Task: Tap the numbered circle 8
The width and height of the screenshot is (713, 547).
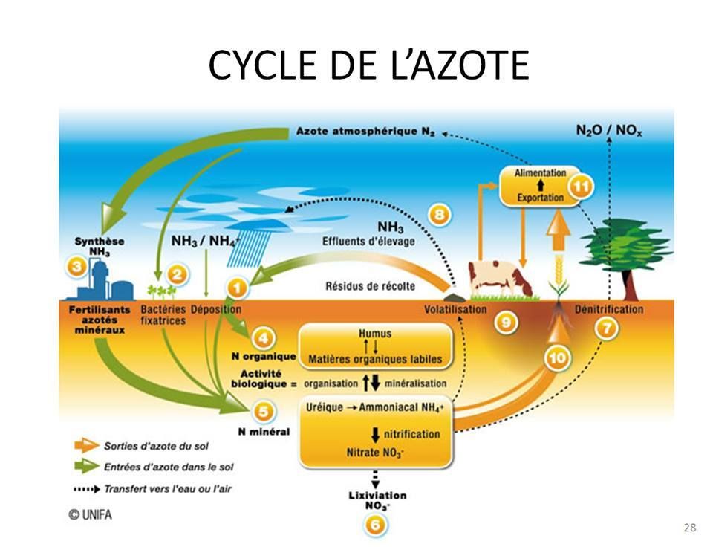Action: [439, 215]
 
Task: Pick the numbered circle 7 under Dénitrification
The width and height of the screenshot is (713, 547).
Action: [607, 328]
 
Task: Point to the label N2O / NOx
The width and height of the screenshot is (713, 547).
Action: [609, 131]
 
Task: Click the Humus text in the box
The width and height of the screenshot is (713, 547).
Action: [374, 334]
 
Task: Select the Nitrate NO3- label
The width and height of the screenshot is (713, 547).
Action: [376, 452]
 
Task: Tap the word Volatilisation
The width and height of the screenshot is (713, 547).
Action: [455, 309]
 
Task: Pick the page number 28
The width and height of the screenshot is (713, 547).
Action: [689, 528]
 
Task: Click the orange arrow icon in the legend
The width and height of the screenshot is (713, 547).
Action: [85, 446]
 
